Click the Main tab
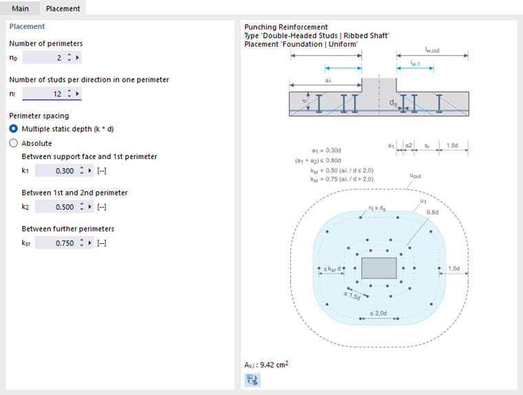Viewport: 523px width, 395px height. (20, 9)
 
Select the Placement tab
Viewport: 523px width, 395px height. (63, 9)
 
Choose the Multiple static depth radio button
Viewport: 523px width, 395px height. (14, 129)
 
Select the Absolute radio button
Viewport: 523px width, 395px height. (14, 143)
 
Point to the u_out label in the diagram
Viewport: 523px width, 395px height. (415, 176)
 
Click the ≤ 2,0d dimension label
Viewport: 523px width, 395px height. (378, 313)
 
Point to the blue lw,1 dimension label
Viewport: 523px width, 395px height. (416, 63)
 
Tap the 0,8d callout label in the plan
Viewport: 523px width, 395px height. (432, 213)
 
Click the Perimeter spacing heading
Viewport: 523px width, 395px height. (39, 116)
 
